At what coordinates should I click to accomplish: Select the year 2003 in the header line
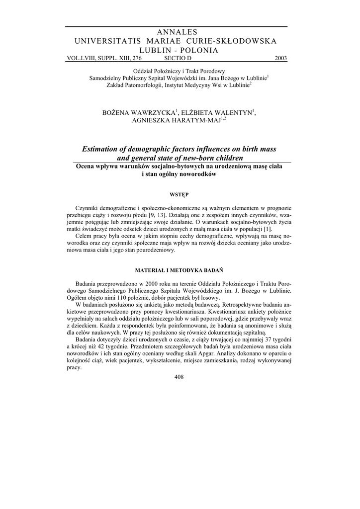(x=280, y=58)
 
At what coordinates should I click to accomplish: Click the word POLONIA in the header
(x=198, y=50)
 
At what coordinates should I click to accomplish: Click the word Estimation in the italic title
(x=102, y=150)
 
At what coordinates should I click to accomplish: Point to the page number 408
(x=180, y=377)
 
